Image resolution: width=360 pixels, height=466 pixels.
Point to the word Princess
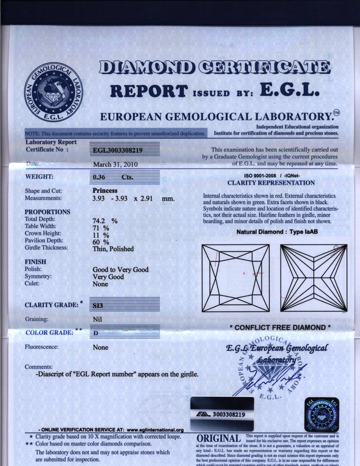(105, 190)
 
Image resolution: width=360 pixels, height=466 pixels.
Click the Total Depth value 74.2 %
(105, 220)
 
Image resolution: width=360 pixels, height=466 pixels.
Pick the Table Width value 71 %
(101, 227)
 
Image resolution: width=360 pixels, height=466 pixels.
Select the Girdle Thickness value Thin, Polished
(113, 248)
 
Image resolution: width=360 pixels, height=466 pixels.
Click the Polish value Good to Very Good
(120, 269)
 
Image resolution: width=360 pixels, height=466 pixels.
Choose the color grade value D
(95, 332)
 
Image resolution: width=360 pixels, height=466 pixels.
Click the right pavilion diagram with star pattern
(314, 278)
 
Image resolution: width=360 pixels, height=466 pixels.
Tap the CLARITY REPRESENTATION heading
(271, 183)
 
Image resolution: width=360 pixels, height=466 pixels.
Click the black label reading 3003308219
(222, 415)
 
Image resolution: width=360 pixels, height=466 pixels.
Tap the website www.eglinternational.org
(155, 430)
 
